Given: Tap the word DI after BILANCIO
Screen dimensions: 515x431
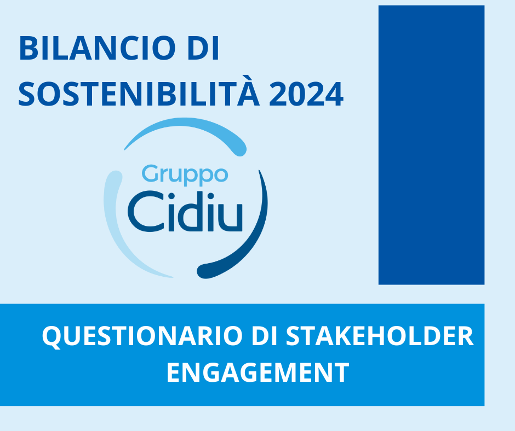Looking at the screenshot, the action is [203, 48].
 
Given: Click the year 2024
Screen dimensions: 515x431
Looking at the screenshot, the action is [306, 95].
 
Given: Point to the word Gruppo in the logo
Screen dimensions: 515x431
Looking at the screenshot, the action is [185, 176].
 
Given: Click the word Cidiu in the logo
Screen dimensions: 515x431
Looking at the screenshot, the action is [185, 211].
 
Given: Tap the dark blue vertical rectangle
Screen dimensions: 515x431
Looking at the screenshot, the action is [431, 145].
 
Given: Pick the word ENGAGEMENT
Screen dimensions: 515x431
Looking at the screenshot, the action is [258, 372].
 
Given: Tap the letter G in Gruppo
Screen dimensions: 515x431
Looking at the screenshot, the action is [150, 173].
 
